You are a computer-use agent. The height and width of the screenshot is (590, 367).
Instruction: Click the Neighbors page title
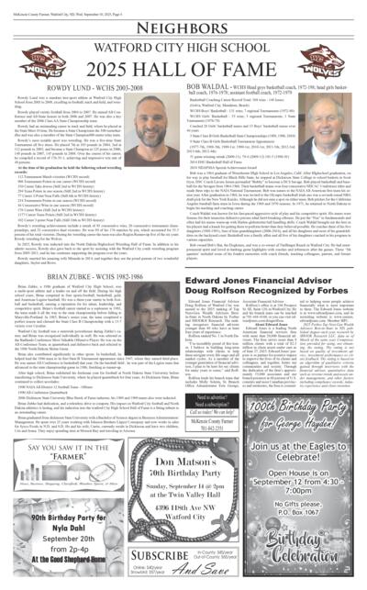183,27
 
